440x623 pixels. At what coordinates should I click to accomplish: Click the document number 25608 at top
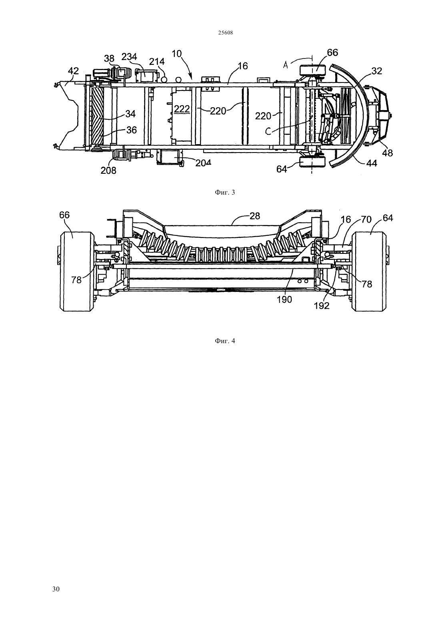[225, 33]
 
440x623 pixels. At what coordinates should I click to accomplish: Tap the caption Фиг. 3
[225, 192]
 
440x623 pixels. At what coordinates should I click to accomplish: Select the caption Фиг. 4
[225, 341]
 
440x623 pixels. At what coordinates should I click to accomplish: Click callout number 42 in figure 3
[73, 70]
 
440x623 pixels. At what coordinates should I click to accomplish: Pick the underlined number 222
[182, 109]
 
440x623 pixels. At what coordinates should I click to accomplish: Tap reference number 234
[129, 57]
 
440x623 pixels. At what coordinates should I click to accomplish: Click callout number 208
[108, 170]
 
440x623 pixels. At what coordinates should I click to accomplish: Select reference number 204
[203, 163]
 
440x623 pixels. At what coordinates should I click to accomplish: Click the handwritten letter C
[268, 131]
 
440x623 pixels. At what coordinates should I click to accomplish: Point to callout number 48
[388, 153]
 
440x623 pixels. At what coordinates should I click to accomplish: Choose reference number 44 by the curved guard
[371, 163]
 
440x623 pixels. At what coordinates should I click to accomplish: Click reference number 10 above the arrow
[177, 54]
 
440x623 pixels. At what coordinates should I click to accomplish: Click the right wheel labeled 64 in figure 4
[369, 271]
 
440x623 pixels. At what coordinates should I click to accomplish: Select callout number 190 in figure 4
[284, 299]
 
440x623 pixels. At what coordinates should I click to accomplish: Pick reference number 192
[321, 305]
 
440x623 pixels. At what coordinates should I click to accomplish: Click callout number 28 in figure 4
[255, 215]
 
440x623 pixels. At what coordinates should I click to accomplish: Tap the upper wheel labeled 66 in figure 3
[312, 70]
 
